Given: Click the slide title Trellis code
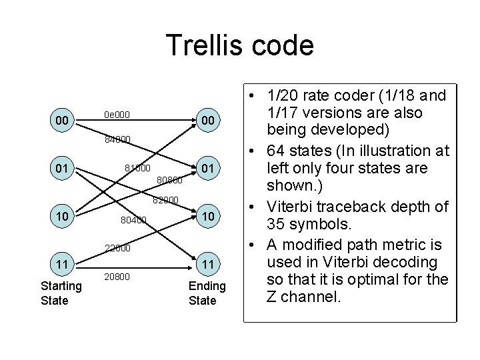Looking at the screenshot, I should [x=240, y=45].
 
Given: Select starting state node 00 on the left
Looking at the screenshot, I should [x=61, y=120].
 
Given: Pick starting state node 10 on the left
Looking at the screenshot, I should [x=61, y=217].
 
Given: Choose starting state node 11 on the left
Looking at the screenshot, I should [x=61, y=265].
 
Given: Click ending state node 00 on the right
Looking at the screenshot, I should [x=209, y=120].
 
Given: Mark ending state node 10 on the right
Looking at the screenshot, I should [x=209, y=217].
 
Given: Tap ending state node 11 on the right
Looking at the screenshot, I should [x=209, y=265].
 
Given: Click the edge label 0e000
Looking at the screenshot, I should [x=117, y=115].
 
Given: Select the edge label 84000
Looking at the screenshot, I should [x=117, y=140].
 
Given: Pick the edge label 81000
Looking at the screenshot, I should [x=138, y=167].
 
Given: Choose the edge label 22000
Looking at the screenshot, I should [x=117, y=249].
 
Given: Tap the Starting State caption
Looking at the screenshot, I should [x=61, y=293].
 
